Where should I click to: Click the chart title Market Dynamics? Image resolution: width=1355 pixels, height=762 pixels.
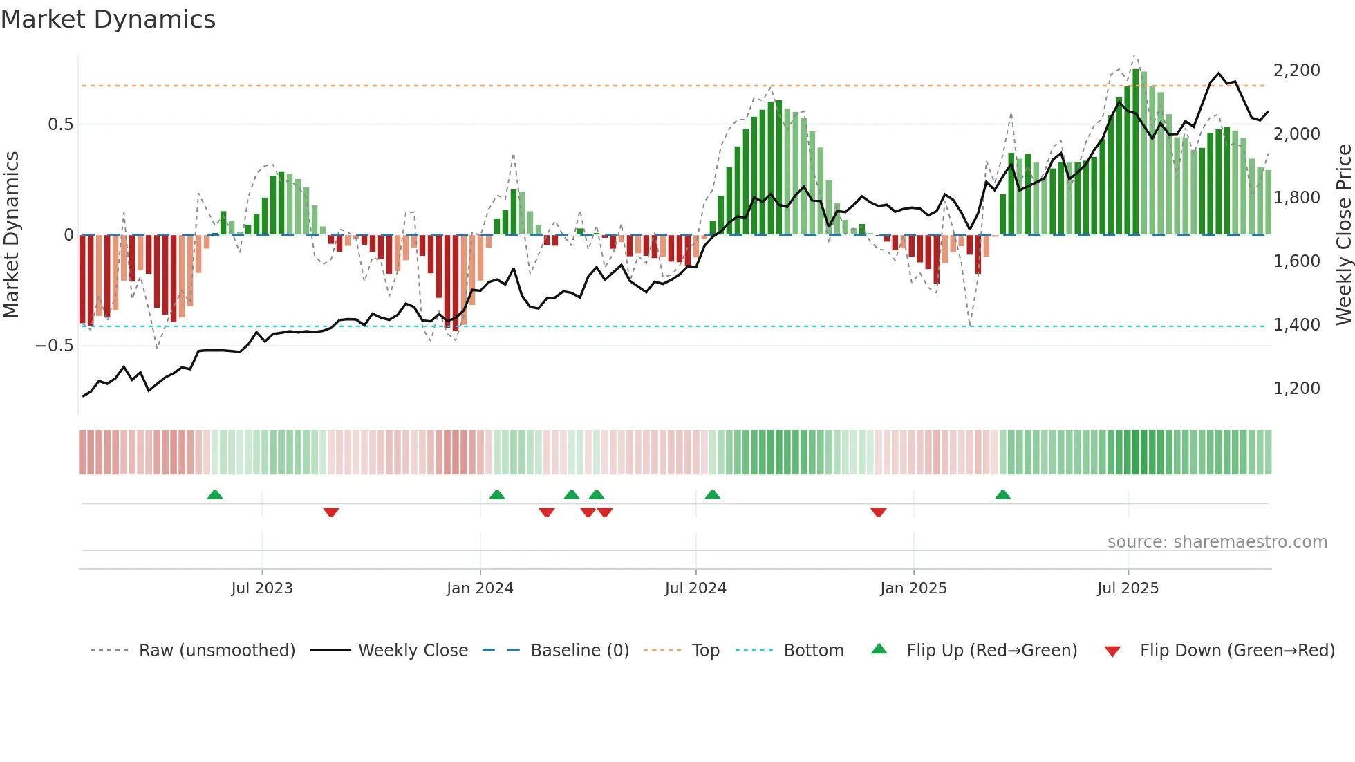coord(109,19)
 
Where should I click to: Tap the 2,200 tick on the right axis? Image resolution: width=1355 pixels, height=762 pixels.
coord(1296,71)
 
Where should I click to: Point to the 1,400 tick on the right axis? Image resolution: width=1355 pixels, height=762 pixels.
coord(1296,325)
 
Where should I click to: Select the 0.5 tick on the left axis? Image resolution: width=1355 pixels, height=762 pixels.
coord(60,124)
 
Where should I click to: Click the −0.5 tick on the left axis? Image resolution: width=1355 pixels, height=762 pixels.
coord(55,346)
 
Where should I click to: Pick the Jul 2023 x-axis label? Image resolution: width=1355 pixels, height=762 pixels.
coord(262,588)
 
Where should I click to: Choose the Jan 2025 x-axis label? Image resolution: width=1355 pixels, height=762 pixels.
coord(913,588)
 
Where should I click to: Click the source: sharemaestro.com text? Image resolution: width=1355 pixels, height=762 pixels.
coord(1217,542)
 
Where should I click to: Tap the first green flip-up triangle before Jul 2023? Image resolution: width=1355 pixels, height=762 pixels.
coord(215,495)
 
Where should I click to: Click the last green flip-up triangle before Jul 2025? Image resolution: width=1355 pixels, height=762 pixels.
coord(1002,495)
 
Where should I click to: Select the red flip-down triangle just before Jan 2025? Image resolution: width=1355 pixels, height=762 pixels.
coord(878,512)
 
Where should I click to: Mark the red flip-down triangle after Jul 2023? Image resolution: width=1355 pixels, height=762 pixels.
coord(331,512)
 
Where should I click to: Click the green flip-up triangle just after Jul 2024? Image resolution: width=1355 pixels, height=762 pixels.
coord(712,495)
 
